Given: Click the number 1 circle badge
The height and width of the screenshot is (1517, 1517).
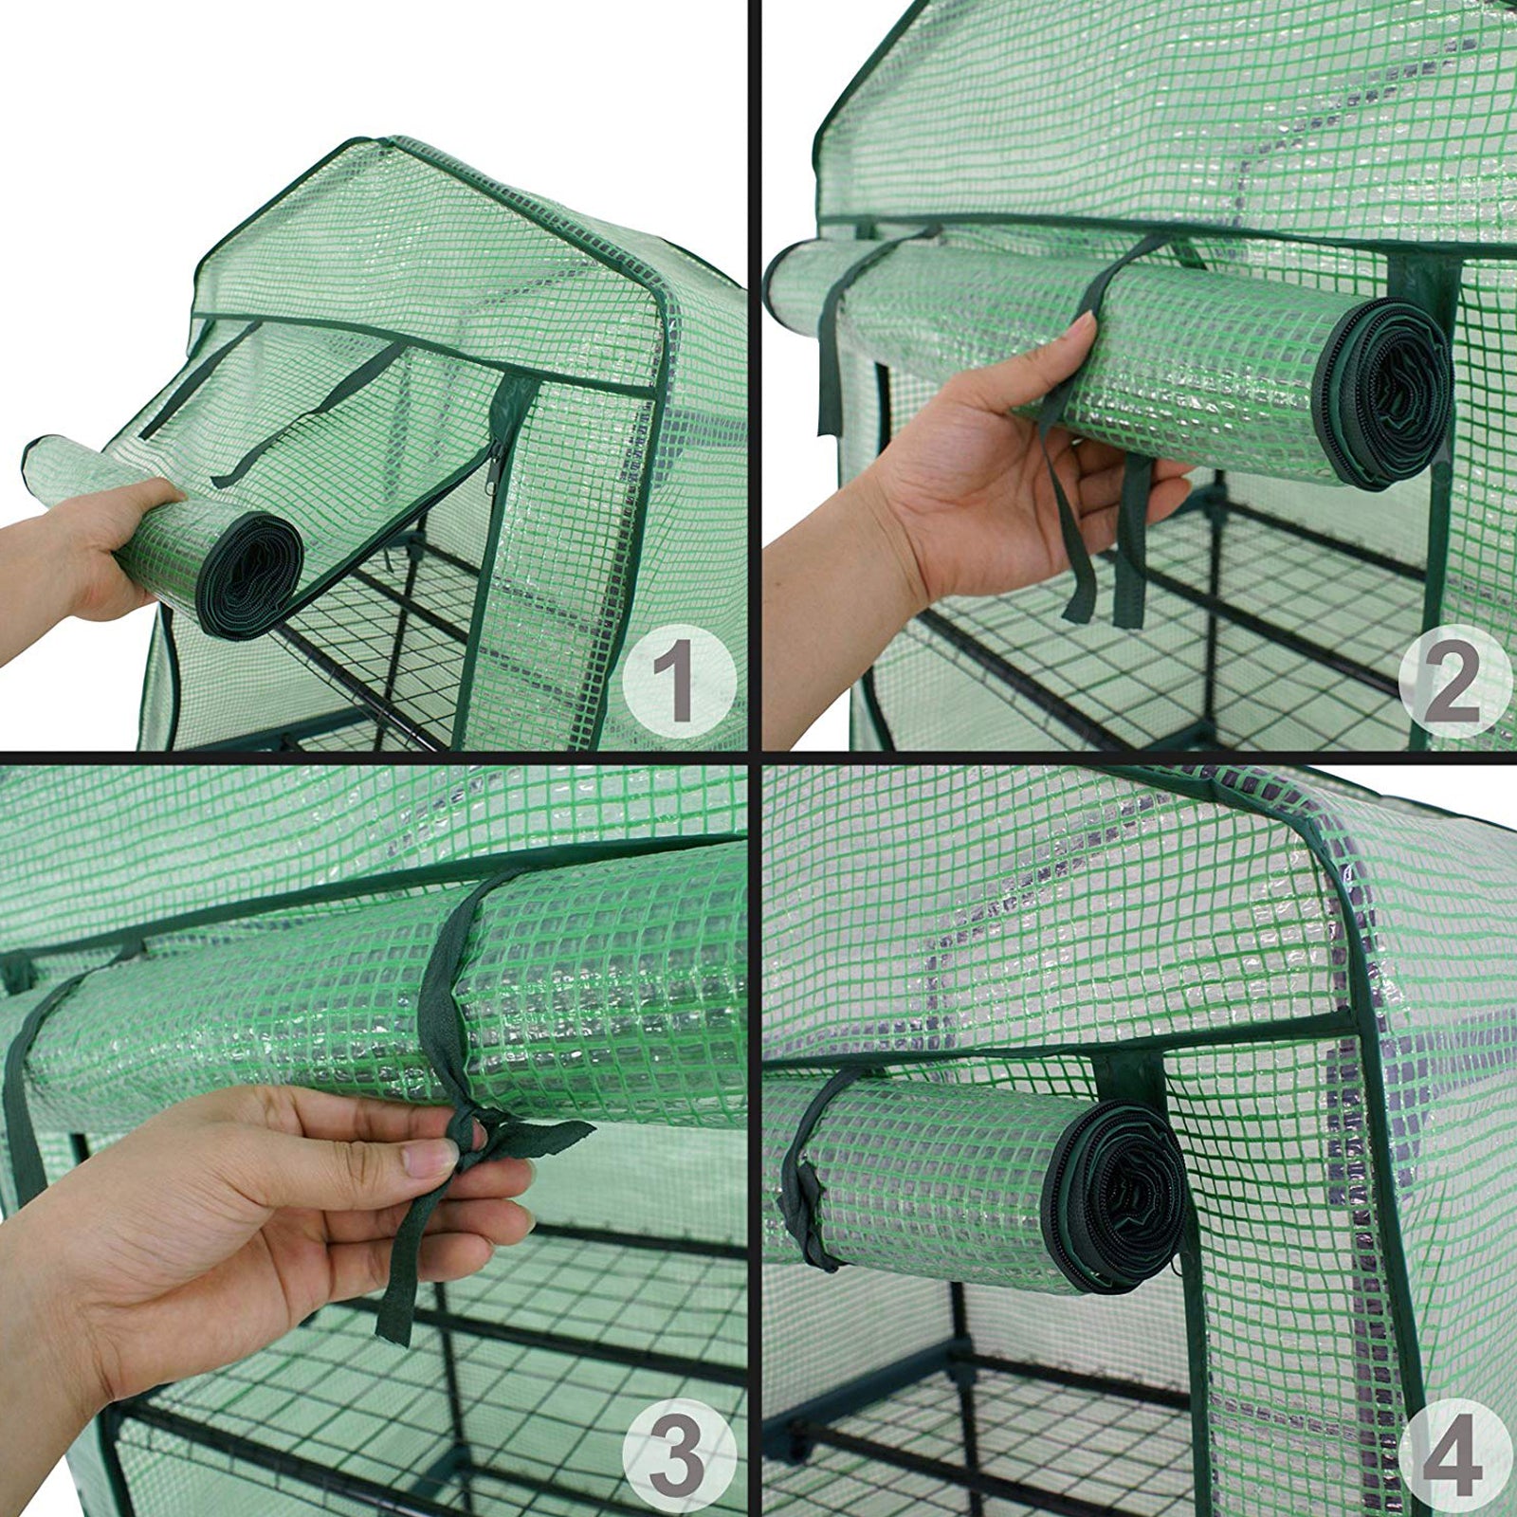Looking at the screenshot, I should pos(678,680).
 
